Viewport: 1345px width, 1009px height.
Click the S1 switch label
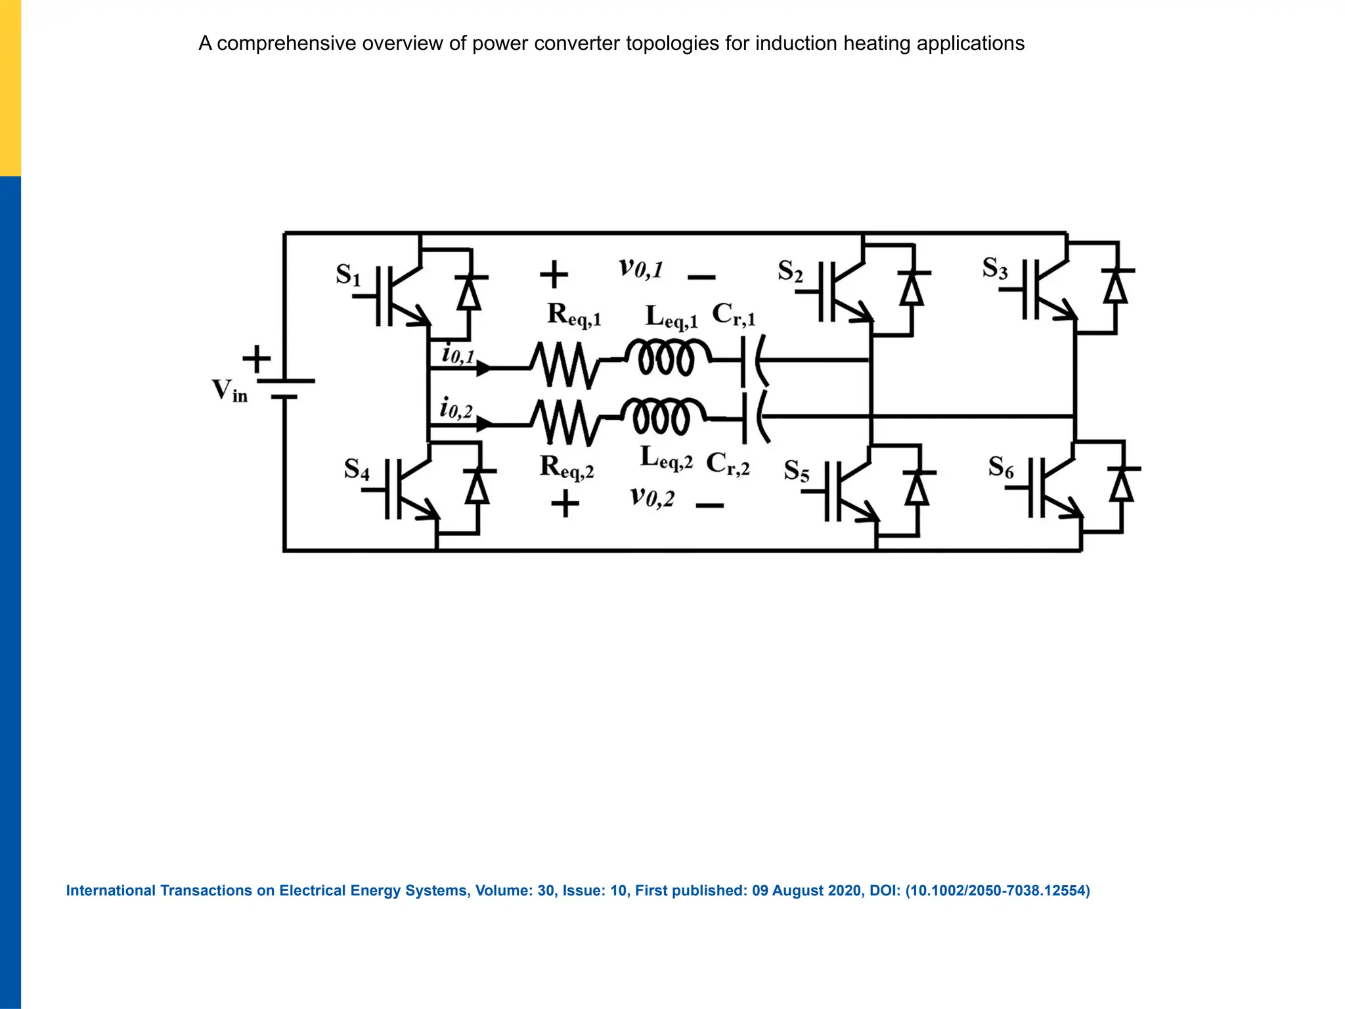coord(348,275)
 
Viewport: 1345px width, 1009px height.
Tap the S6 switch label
coord(1001,467)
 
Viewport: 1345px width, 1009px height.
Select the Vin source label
coord(229,390)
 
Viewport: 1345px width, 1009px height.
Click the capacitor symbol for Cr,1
coord(753,361)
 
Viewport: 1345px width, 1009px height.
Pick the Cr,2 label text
coord(728,464)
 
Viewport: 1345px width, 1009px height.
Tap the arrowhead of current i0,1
coord(483,369)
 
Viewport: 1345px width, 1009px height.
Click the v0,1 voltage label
coord(640,268)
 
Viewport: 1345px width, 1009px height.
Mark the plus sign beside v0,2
coord(565,504)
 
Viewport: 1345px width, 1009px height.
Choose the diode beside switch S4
coord(477,487)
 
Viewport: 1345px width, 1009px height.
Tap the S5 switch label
coord(796,471)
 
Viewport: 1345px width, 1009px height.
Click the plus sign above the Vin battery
coord(257,359)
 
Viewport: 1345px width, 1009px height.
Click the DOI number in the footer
coord(997,891)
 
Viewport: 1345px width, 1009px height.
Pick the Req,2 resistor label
coord(567,466)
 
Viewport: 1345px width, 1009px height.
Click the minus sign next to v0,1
coord(701,277)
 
